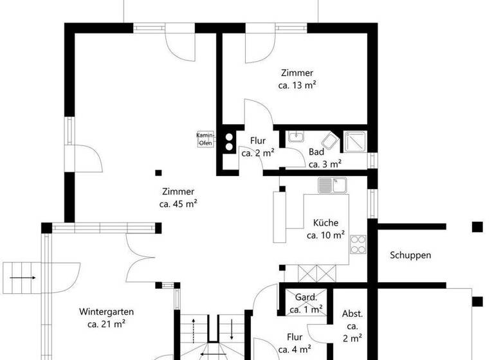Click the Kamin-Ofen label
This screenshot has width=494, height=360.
[205, 139]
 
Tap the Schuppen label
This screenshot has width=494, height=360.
[410, 255]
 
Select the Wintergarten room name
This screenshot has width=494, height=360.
[107, 312]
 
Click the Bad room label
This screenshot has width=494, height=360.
[316, 152]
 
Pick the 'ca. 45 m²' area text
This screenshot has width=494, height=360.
[178, 204]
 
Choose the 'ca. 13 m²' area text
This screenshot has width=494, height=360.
[297, 85]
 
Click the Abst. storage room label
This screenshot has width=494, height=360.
[352, 314]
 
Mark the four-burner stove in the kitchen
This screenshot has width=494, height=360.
[358, 245]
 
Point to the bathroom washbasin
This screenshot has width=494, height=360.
[297, 137]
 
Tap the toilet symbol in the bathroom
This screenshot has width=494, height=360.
[329, 141]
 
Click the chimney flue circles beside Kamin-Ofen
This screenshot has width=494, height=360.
[228, 141]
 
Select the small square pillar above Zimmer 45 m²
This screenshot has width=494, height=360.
[159, 172]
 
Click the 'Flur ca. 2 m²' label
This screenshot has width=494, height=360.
[257, 147]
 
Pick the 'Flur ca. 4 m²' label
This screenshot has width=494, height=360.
[295, 343]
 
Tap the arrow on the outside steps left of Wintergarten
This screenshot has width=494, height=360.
[24, 277]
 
